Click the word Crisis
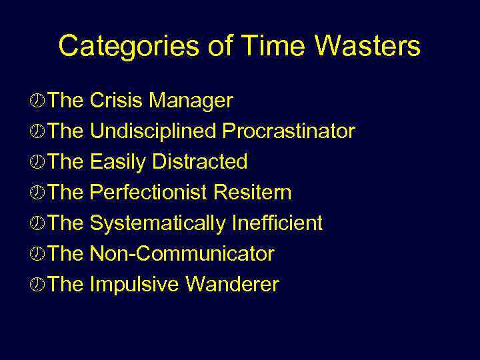(117, 101)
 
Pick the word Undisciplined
(153, 131)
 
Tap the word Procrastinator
(289, 131)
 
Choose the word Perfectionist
(149, 193)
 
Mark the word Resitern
(253, 193)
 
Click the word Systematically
(158, 223)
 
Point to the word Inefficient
(277, 223)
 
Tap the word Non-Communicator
(181, 254)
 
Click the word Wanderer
(232, 285)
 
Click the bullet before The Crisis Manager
(39, 101)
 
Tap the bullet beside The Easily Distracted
(39, 163)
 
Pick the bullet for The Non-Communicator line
(39, 255)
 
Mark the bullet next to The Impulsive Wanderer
(39, 285)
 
